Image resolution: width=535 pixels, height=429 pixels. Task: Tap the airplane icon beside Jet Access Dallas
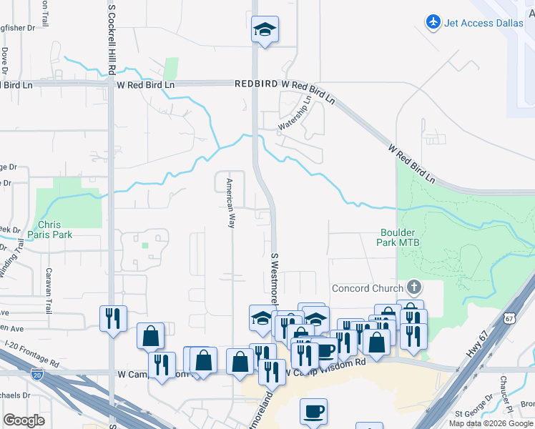[433, 22]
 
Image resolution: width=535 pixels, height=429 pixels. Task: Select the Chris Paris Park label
[50, 229]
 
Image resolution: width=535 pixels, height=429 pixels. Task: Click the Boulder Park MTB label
[400, 237]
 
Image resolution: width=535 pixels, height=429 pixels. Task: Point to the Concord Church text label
[368, 289]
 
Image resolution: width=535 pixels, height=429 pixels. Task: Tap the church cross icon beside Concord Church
[413, 288]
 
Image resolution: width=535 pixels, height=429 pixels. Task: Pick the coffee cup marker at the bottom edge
[313, 411]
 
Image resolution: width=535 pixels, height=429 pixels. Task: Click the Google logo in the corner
[24, 420]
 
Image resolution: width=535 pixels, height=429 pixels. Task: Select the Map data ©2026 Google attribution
[491, 423]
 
